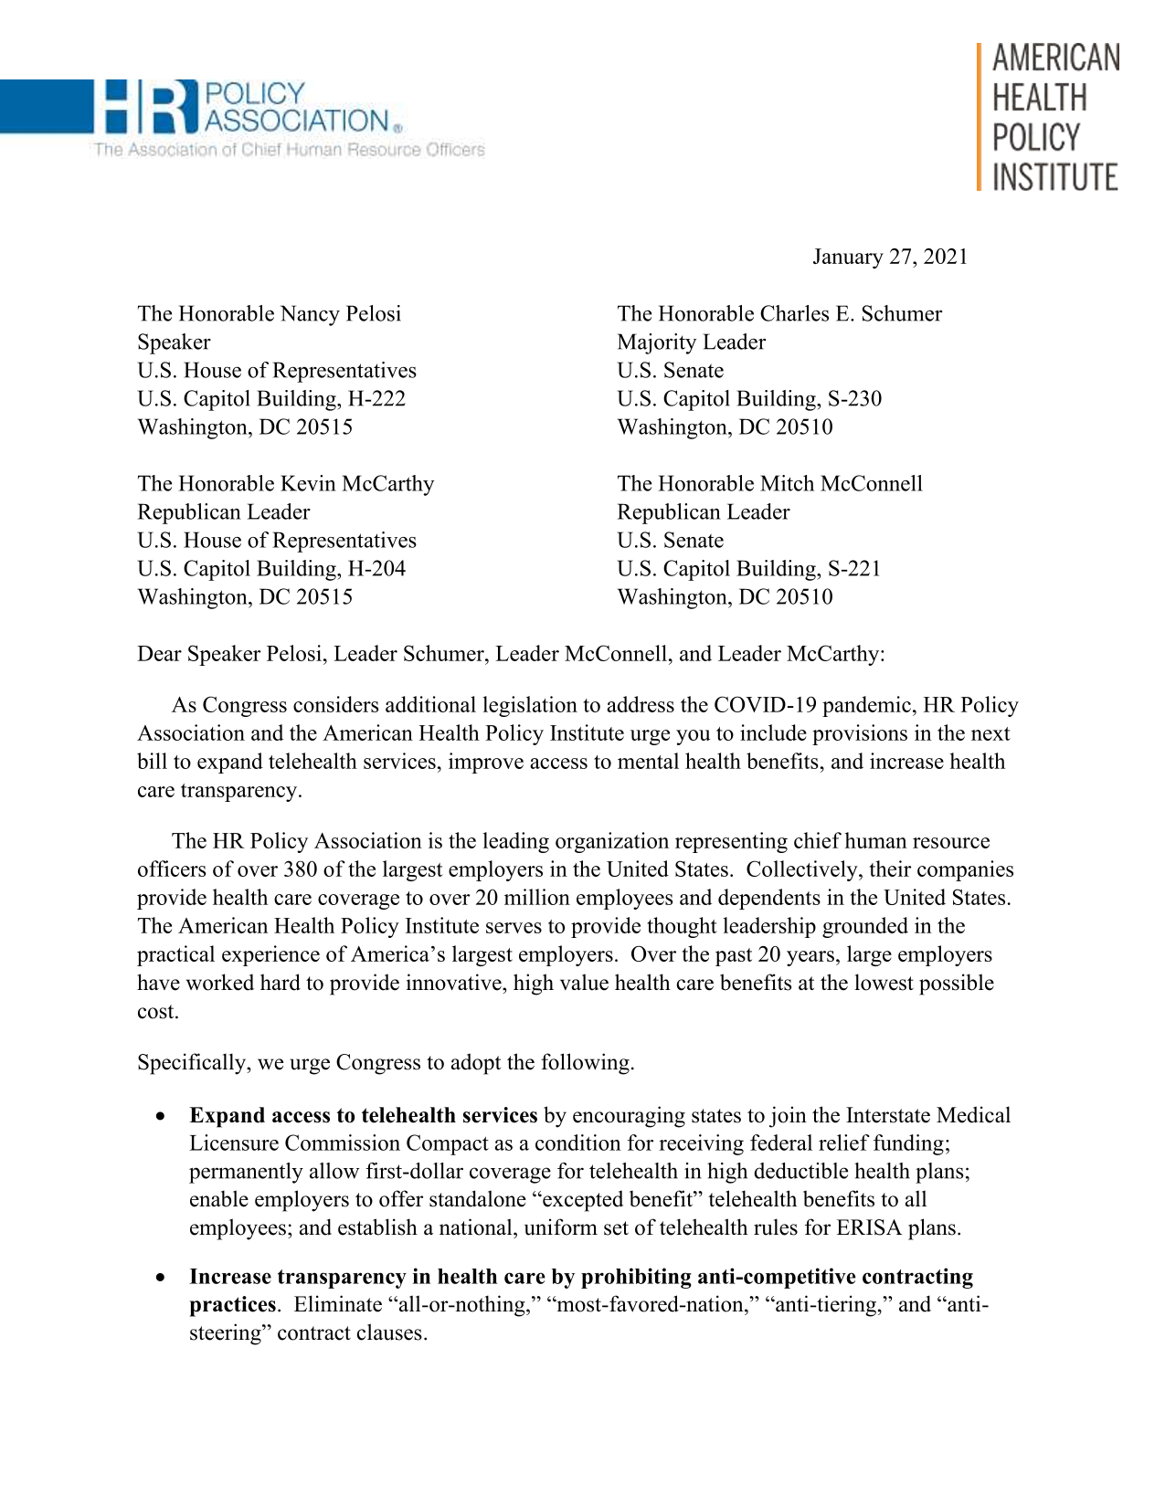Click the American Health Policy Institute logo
coord(1049,117)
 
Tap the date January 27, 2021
coord(889,258)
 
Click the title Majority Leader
coord(691,342)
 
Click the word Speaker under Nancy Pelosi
coord(174,342)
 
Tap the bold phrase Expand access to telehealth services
coord(363,1116)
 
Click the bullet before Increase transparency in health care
coord(161,1278)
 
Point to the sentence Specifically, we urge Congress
coord(385,1063)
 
